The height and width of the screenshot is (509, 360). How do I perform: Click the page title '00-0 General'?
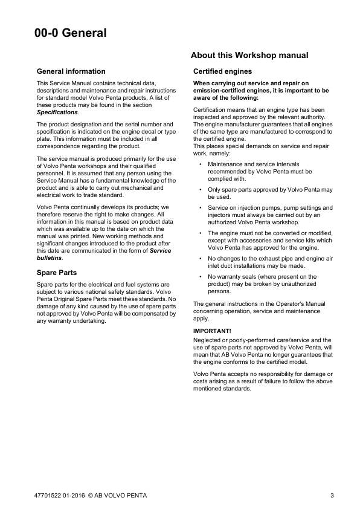click(70, 33)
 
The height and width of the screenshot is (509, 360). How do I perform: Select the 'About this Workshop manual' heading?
click(249, 56)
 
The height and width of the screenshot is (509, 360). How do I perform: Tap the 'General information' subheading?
click(71, 71)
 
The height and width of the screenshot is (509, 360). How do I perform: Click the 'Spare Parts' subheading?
click(57, 273)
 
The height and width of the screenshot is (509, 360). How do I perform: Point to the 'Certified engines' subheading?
click(222, 71)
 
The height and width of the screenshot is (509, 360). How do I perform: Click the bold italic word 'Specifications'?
click(57, 112)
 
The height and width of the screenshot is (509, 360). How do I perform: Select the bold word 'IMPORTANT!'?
click(212, 331)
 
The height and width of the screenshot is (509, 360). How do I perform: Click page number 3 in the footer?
click(332, 496)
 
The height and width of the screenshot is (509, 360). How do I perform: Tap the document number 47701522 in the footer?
click(49, 496)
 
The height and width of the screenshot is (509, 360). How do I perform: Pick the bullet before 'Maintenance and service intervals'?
click(200, 164)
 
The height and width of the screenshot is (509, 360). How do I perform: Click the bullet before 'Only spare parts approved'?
click(200, 190)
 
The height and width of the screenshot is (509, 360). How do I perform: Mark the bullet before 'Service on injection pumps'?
click(200, 207)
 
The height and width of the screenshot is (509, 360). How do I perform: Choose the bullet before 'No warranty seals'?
click(200, 276)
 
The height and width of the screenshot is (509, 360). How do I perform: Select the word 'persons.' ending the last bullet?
click(219, 291)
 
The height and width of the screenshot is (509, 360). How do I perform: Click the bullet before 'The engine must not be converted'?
click(200, 233)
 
